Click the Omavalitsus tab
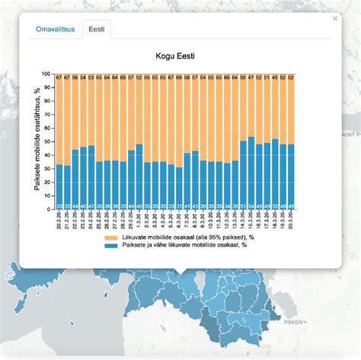[x=54, y=30]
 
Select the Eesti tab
[x=97, y=30]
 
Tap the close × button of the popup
[x=335, y=19]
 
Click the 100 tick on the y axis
[x=49, y=74]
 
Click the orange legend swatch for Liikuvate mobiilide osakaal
[x=109, y=237]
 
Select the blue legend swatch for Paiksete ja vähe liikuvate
[x=109, y=246]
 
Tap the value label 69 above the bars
[x=180, y=78]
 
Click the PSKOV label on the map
[x=294, y=322]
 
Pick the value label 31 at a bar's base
[x=180, y=206]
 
